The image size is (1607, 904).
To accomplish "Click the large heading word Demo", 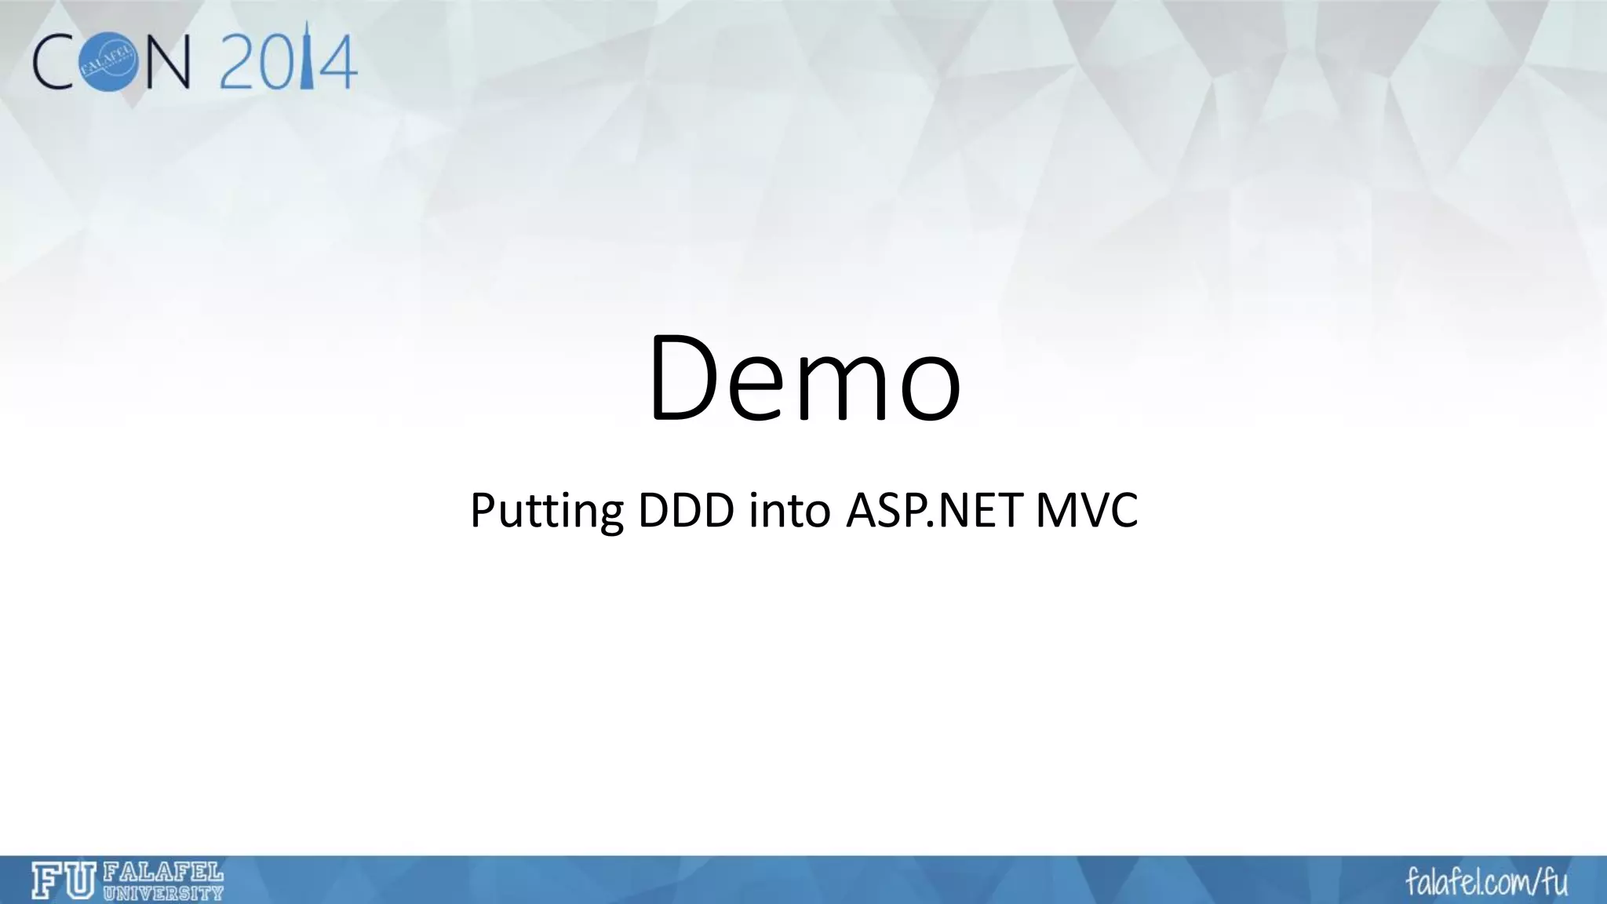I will point(803,379).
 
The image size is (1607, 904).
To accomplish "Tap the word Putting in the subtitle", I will point(546,511).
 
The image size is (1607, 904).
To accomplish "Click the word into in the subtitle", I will point(789,510).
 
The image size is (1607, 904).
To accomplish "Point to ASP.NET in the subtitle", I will point(934,510).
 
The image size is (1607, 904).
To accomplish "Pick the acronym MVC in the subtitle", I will point(1087,510).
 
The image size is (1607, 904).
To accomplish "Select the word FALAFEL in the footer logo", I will point(163,873).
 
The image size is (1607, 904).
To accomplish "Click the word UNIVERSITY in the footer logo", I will point(163,892).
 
